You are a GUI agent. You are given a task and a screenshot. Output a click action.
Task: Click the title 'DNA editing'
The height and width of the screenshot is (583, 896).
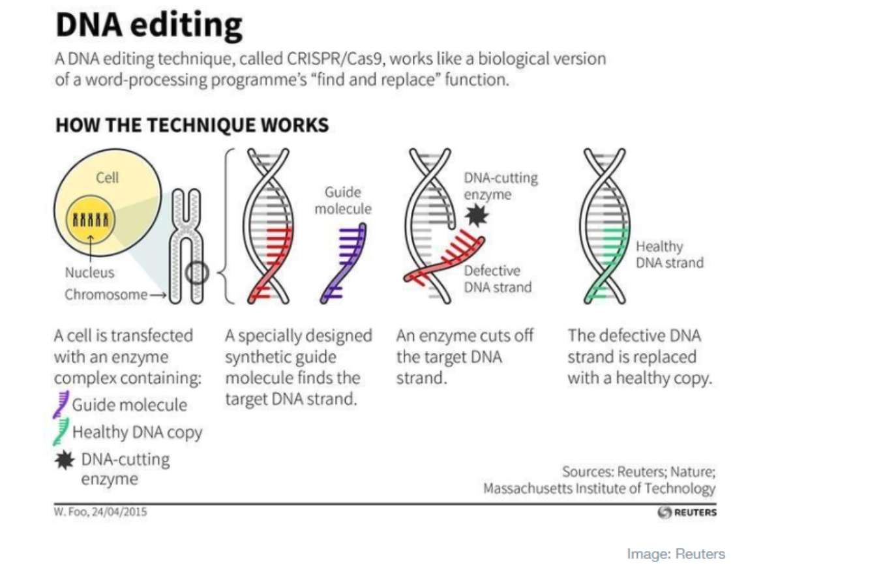pos(149,25)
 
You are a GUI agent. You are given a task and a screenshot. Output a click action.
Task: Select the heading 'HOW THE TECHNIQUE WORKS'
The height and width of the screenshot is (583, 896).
pos(192,125)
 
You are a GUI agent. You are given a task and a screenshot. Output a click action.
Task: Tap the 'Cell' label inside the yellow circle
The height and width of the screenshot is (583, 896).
pos(107,177)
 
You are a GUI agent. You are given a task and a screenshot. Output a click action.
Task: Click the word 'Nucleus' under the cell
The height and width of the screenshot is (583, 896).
pos(89,273)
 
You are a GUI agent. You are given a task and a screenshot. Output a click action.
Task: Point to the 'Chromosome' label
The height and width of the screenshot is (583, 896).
pos(106,295)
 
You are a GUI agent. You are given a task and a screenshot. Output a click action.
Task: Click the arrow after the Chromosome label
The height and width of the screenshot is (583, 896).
pos(158,295)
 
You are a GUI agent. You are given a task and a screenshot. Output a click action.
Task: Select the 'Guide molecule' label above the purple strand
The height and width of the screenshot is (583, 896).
pos(343,200)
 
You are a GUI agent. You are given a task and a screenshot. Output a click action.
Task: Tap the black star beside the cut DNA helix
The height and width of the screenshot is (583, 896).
pos(477,215)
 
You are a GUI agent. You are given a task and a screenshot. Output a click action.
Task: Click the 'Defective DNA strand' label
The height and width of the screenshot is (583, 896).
pos(498,279)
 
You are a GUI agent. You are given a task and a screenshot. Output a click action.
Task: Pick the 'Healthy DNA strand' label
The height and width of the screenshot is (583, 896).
pos(670,254)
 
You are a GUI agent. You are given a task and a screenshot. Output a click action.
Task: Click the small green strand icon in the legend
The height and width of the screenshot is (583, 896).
pos(61,432)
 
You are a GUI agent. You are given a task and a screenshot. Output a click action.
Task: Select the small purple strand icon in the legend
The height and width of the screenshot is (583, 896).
pos(61,404)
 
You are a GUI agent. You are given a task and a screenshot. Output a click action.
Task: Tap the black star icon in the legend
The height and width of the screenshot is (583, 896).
pos(65,460)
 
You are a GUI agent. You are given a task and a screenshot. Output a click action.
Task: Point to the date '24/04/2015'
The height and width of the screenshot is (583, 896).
pos(119,512)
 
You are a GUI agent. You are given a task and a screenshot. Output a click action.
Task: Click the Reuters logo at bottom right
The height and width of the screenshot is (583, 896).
pos(687,512)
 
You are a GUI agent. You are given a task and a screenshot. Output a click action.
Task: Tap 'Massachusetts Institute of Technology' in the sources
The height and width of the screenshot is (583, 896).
pos(599,488)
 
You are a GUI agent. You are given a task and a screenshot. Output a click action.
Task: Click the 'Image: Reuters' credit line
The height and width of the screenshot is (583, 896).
pos(676,554)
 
